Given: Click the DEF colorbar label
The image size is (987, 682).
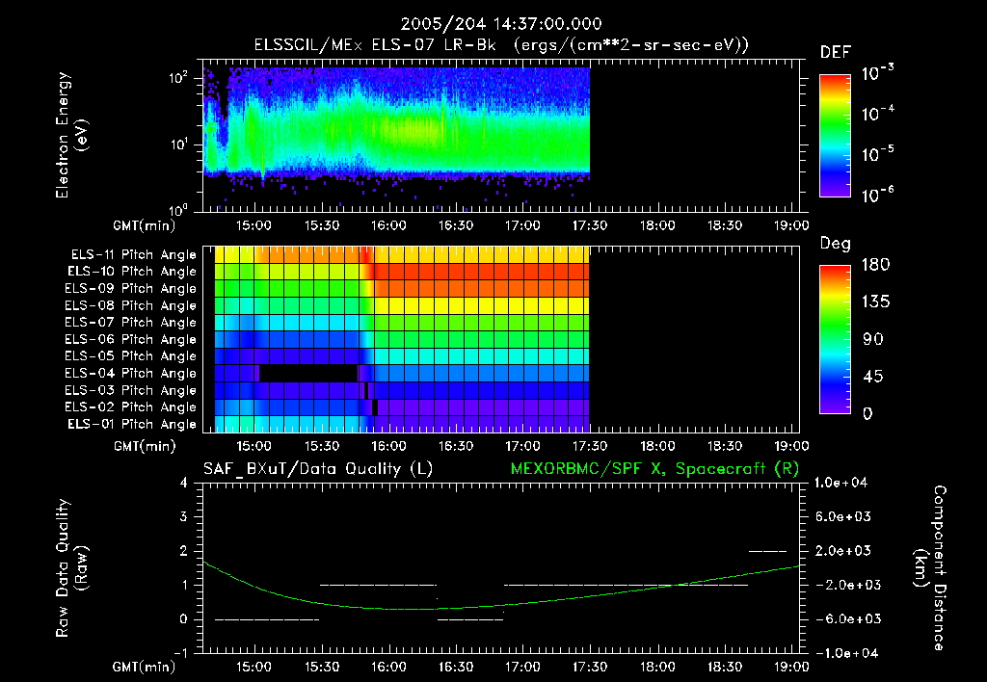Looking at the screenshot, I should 834,52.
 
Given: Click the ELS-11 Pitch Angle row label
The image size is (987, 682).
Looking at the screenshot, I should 133,255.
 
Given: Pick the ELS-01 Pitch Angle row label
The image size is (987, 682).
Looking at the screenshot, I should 131,424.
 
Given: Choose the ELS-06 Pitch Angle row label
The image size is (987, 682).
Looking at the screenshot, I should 131,339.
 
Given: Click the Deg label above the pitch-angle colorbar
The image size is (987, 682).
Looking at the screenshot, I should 834,244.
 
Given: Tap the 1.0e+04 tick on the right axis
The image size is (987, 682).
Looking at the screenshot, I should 843,483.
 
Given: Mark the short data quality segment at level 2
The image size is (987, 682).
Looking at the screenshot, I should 768,551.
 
